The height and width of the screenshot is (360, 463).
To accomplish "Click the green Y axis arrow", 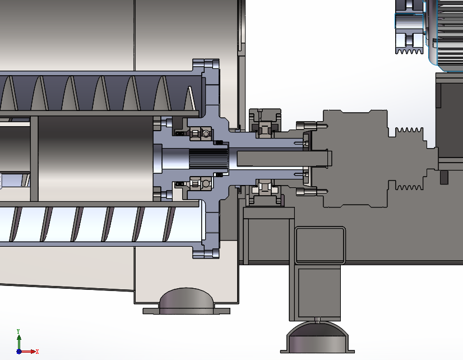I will click(x=18, y=338).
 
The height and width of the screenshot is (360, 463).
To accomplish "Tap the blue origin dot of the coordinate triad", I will click(x=18, y=352).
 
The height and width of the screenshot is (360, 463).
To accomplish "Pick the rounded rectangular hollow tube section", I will click(x=318, y=245).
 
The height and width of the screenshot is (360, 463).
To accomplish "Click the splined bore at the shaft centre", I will click(x=208, y=160).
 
